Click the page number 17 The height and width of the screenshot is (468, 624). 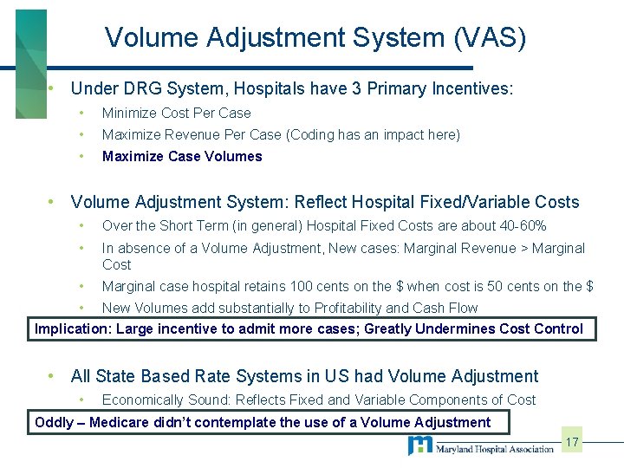(x=572, y=443)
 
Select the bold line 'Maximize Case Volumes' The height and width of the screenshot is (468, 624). (x=182, y=157)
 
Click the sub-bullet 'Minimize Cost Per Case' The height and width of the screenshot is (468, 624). (x=176, y=114)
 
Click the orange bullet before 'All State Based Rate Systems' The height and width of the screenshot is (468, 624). (x=53, y=376)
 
